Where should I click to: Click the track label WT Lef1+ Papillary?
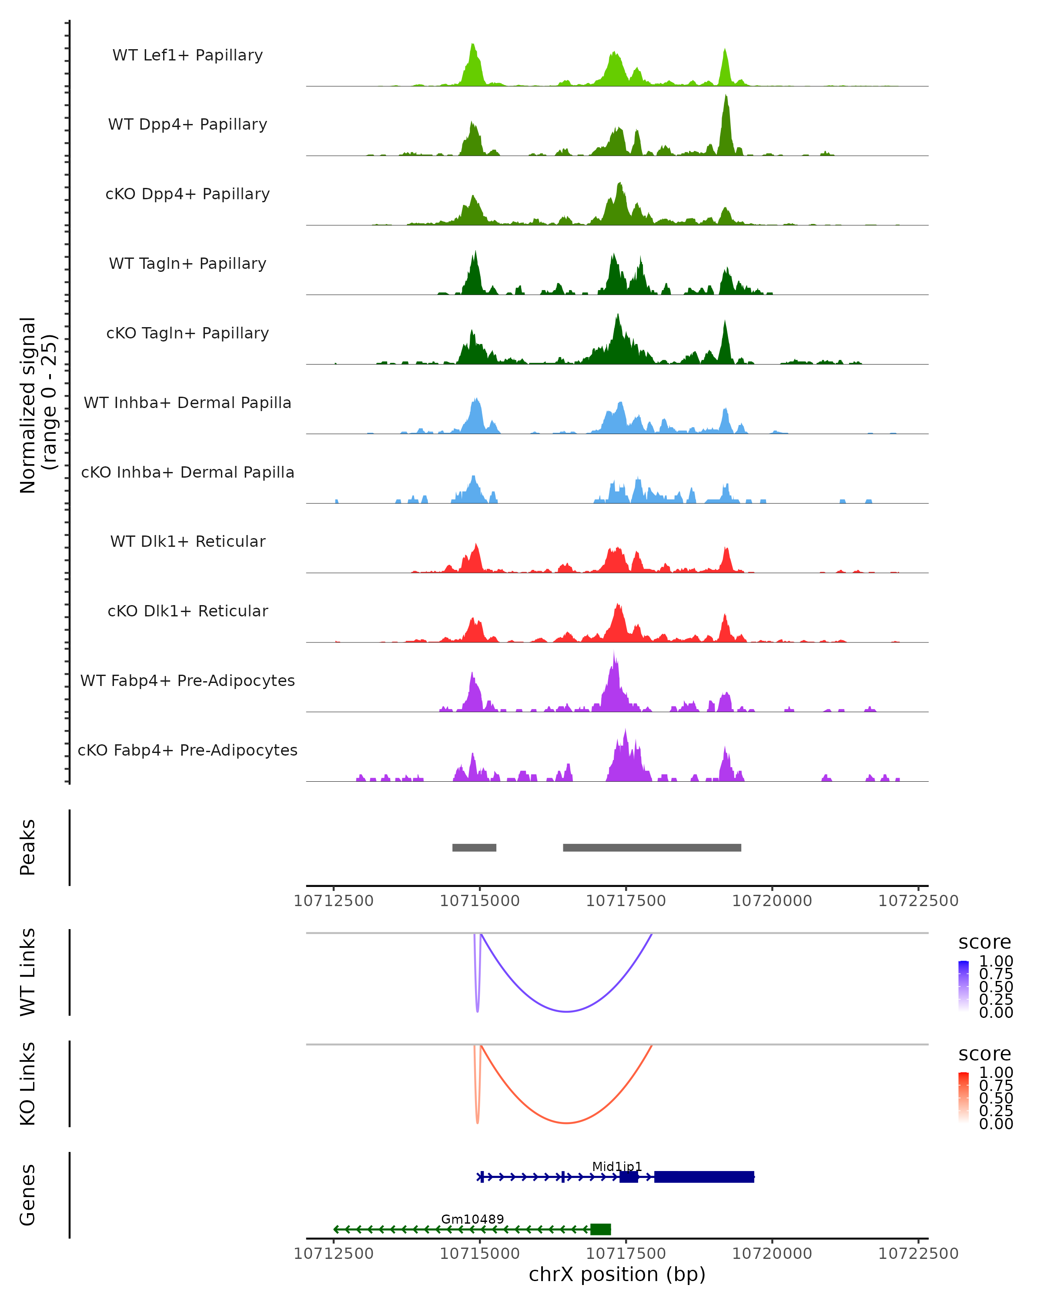(187, 55)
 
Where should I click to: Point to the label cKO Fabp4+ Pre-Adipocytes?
(187, 750)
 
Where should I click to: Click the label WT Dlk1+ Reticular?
(187, 541)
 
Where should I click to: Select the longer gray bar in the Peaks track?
(652, 847)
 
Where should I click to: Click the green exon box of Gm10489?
(600, 1229)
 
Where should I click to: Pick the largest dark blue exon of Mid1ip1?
(704, 1177)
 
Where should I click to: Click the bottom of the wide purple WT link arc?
(566, 1011)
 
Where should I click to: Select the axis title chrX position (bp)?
(617, 1275)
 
